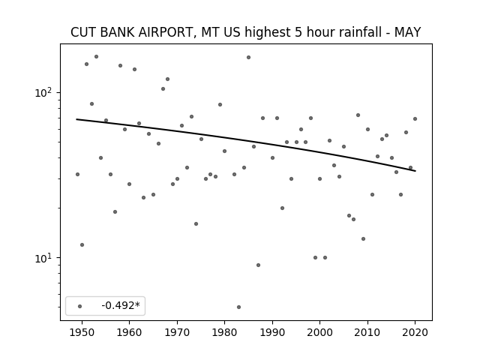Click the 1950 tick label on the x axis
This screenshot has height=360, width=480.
click(x=82, y=332)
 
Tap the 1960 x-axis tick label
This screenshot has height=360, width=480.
click(x=129, y=332)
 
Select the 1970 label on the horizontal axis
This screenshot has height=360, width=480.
click(x=177, y=332)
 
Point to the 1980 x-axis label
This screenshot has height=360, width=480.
click(x=224, y=332)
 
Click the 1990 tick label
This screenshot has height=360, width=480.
click(x=272, y=332)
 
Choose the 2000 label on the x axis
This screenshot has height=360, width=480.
click(x=319, y=332)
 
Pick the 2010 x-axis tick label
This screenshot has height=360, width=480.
click(x=367, y=332)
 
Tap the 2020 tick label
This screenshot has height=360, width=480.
click(x=415, y=332)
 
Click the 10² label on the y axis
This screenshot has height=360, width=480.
click(x=44, y=91)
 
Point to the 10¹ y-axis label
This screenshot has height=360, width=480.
click(x=44, y=258)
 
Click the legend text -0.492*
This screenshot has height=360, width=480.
click(x=121, y=305)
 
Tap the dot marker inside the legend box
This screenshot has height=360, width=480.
click(x=80, y=306)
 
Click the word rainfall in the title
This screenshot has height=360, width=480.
click(x=351, y=32)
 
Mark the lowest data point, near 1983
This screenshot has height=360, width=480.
click(x=238, y=307)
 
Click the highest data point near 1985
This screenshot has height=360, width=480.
click(x=248, y=57)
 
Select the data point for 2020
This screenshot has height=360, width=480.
click(x=415, y=118)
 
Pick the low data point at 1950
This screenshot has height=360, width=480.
click(x=82, y=245)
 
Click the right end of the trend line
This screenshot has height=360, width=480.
click(x=415, y=171)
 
